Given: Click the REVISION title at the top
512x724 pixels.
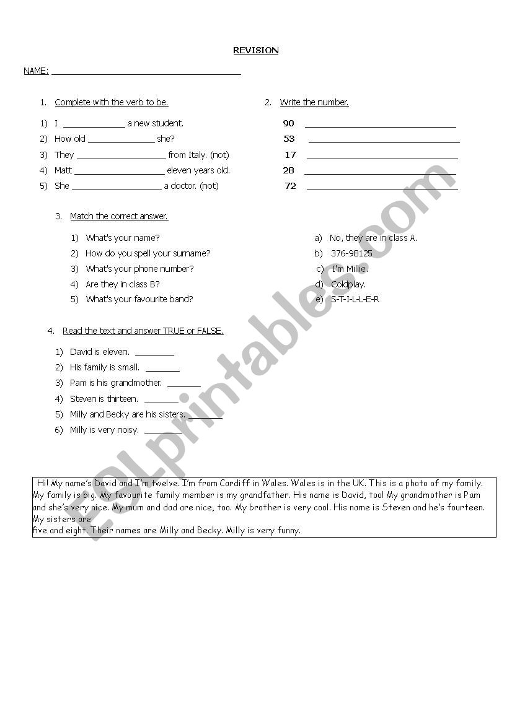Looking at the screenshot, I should pos(255,51).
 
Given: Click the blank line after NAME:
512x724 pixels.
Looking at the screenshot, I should pos(146,72).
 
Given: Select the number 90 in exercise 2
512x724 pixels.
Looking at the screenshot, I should pos(288,123).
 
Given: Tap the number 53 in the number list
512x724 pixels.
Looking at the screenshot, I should pos(289,139).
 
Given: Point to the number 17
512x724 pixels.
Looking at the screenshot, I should pos(290,155).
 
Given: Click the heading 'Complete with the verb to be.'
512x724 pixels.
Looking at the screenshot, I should pos(112,103).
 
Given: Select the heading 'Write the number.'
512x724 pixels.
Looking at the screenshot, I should pos(314,103).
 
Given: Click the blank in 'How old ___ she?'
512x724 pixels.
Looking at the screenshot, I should pos(121,141).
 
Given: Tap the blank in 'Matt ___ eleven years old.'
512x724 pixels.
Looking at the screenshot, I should pos(119,173).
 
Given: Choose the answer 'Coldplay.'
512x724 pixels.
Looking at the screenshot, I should pos(348,285).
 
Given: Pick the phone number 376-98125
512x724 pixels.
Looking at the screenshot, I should pos(351,253).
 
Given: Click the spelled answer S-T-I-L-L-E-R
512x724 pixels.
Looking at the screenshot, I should pos(355,300).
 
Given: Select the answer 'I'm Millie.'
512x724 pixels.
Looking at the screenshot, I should pos(350,269).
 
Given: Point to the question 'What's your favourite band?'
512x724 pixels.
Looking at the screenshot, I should pos(139,300).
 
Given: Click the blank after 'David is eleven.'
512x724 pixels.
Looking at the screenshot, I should pos(154,354).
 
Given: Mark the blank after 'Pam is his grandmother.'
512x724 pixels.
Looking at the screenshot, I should pos(183,385).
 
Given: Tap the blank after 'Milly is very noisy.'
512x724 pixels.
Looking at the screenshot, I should pos(162,432).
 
